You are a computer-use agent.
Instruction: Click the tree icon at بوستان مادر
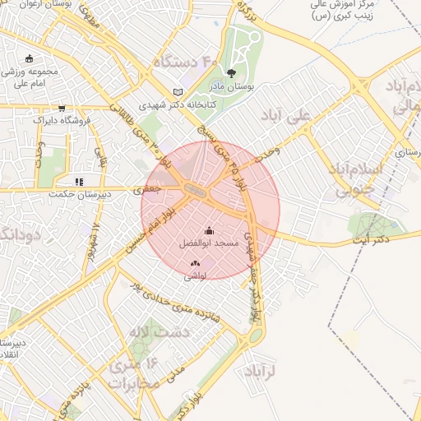[241, 73]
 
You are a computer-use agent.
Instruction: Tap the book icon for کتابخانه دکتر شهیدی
[178, 91]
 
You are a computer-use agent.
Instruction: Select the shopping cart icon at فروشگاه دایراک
[62, 108]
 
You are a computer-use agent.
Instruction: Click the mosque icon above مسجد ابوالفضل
[208, 230]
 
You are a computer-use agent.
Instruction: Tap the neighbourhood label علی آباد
[287, 116]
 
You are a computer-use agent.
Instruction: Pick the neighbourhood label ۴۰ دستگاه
[184, 62]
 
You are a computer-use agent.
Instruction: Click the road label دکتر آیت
[370, 239]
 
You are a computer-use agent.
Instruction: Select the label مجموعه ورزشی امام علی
[32, 77]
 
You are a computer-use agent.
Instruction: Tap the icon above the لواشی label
[195, 263]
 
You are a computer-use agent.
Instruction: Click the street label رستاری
[406, 153]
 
